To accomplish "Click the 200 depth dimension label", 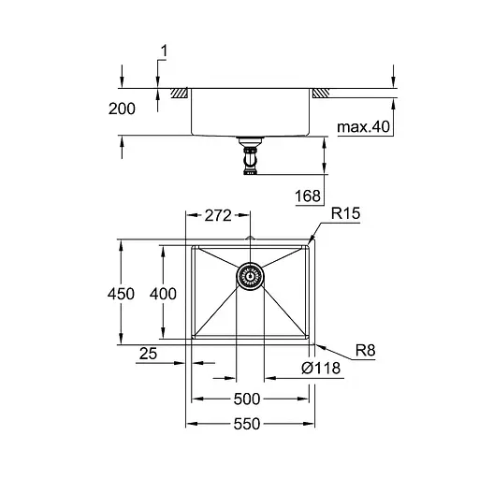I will pyautogui.click(x=122, y=109).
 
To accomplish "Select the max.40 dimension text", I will pyautogui.click(x=363, y=125).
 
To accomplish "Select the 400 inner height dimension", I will pyautogui.click(x=162, y=293).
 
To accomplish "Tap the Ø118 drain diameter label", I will pyautogui.click(x=320, y=369).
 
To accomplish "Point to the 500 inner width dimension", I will pyautogui.click(x=250, y=397).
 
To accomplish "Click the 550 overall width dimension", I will pyautogui.click(x=250, y=424).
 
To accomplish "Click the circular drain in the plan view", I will pyautogui.click(x=250, y=275).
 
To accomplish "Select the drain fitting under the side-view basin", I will pyautogui.click(x=250, y=155).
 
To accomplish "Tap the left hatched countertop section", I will pyautogui.click(x=177, y=94).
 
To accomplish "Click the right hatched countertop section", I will pyautogui.click(x=321, y=94).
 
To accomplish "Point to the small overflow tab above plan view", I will pyautogui.click(x=250, y=239).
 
